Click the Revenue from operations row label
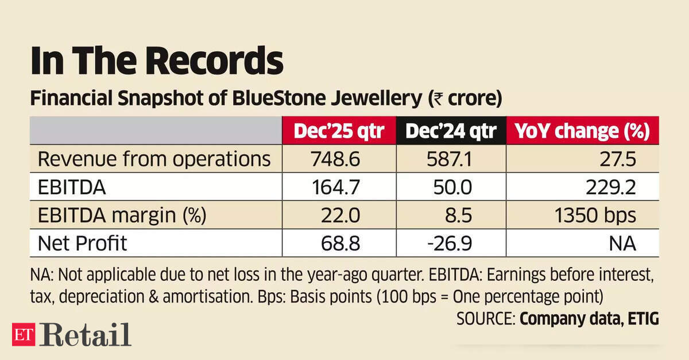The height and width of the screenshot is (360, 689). [x=154, y=159]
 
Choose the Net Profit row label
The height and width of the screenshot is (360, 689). [x=82, y=243]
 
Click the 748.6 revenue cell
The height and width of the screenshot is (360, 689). [x=336, y=159]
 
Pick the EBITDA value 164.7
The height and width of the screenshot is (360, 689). [x=336, y=187]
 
